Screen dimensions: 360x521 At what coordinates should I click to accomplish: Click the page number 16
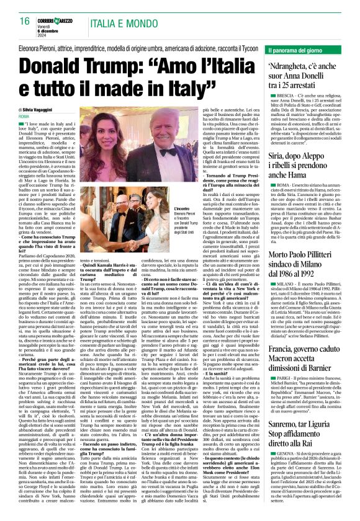[x=25, y=21]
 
